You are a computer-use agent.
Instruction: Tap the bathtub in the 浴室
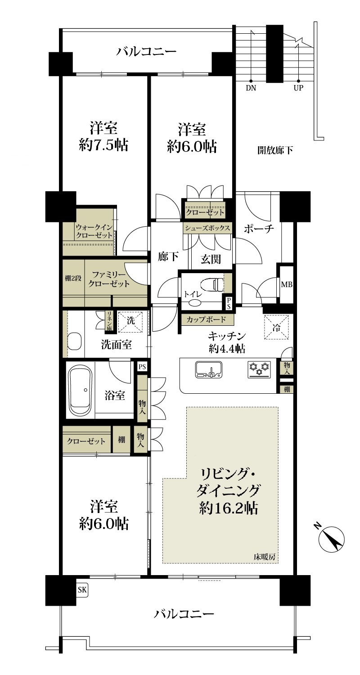81,390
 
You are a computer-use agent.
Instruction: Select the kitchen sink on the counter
208,369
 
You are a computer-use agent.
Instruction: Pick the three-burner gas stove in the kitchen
259,369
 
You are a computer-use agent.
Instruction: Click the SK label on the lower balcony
82,589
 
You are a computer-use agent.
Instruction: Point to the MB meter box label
287,284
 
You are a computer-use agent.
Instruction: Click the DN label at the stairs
251,88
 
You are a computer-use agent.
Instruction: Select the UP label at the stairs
298,88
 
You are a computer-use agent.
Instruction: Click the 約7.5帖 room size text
103,145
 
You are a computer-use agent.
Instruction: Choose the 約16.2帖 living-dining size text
228,508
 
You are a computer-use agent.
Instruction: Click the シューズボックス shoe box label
207,228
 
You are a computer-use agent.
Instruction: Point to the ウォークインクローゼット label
94,231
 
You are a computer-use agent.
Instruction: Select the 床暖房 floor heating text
264,557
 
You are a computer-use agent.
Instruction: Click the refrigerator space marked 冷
276,328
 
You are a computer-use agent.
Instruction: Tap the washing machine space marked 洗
130,321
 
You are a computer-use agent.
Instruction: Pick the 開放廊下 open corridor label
275,150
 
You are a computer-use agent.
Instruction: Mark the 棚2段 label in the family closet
73,278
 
